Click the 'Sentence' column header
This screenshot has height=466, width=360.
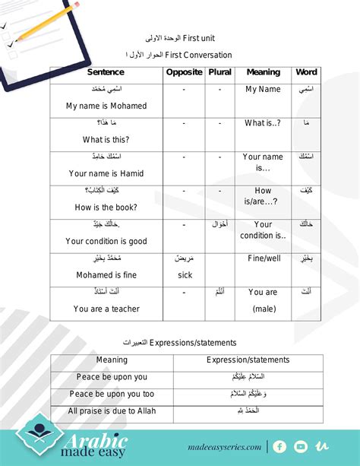[106, 72]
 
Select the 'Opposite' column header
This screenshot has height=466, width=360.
[184, 72]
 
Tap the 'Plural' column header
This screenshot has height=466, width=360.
[219, 72]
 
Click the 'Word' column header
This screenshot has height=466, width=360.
[306, 72]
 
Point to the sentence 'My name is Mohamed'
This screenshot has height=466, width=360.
[106, 106]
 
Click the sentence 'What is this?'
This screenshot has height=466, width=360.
[106, 139]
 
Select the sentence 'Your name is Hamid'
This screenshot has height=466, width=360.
[106, 173]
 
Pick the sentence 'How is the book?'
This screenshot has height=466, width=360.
[106, 207]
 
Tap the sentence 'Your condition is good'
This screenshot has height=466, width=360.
[106, 241]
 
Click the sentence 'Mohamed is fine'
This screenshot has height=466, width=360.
[106, 274]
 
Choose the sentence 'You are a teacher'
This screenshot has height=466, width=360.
[106, 309]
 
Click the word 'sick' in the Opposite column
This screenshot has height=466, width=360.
[185, 275]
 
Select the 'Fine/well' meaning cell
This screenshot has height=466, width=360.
[263, 258]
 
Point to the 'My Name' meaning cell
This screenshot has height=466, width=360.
[263, 89]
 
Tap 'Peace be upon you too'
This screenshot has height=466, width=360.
[112, 394]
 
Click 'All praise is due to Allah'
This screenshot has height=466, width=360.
[112, 411]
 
